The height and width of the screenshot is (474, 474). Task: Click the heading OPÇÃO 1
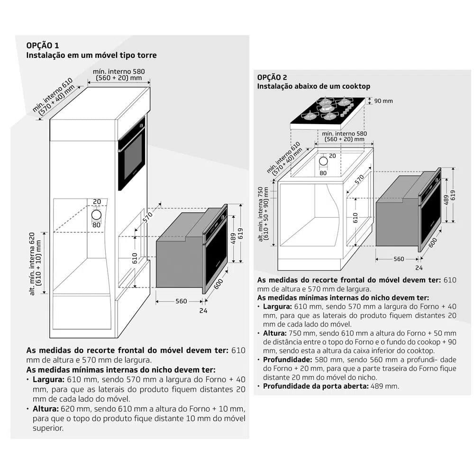43,46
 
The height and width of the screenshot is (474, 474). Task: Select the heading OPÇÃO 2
273,77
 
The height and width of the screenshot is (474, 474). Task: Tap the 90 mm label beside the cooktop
383,101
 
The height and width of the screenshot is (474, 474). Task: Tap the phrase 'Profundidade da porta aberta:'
313,386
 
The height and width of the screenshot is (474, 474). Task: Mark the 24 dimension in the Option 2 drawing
419,268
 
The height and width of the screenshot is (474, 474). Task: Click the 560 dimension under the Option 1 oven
181,301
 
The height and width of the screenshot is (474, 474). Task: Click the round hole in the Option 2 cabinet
323,162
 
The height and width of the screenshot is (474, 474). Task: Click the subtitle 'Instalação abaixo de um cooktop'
313,86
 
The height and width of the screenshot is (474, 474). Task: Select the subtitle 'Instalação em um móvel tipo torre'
91,55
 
